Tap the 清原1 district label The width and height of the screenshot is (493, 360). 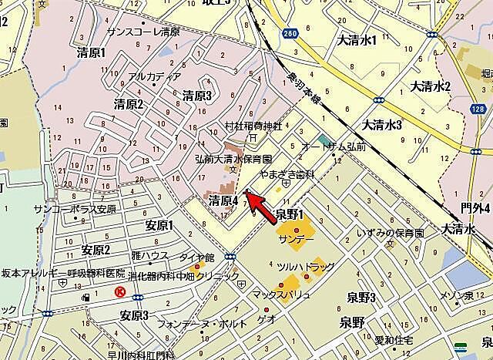pyautogui.click(x=92, y=54)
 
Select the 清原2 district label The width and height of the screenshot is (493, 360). pyautogui.click(x=129, y=104)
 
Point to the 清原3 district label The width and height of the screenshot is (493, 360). pyautogui.click(x=196, y=96)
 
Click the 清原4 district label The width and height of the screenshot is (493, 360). pyautogui.click(x=223, y=200)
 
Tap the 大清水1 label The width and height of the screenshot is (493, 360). pyautogui.click(x=355, y=39)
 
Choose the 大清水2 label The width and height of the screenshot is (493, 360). pyautogui.click(x=431, y=86)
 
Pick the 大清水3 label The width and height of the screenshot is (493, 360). pyautogui.click(x=383, y=124)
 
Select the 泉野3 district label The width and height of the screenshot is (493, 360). pyautogui.click(x=361, y=298)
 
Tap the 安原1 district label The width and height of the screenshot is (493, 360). pyautogui.click(x=159, y=226)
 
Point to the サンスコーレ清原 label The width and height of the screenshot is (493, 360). pyautogui.click(x=143, y=32)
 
